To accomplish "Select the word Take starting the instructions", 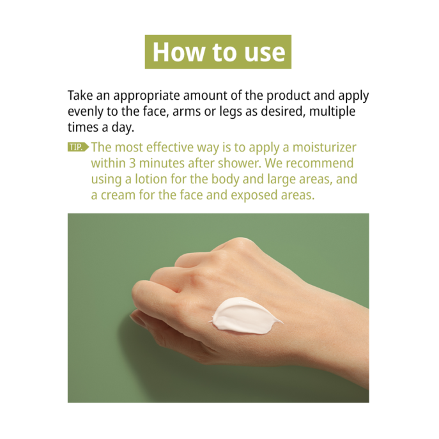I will [x=80, y=96].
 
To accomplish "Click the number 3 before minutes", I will [x=131, y=164].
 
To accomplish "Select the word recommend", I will [x=319, y=164].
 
